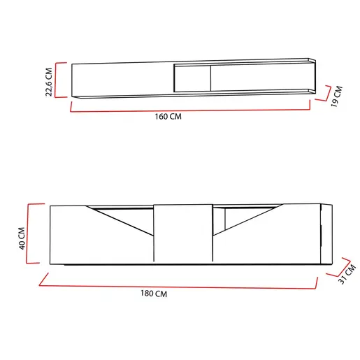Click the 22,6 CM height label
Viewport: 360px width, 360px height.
pyautogui.click(x=49, y=82)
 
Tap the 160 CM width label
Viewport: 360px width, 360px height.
pyautogui.click(x=168, y=117)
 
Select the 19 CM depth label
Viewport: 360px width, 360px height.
pyautogui.click(x=337, y=96)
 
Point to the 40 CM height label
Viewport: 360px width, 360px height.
pyautogui.click(x=22, y=238)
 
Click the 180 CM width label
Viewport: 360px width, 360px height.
pyautogui.click(x=154, y=294)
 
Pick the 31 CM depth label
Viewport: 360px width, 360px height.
pyautogui.click(x=347, y=274)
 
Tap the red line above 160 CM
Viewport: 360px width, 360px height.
pyautogui.click(x=190, y=110)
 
